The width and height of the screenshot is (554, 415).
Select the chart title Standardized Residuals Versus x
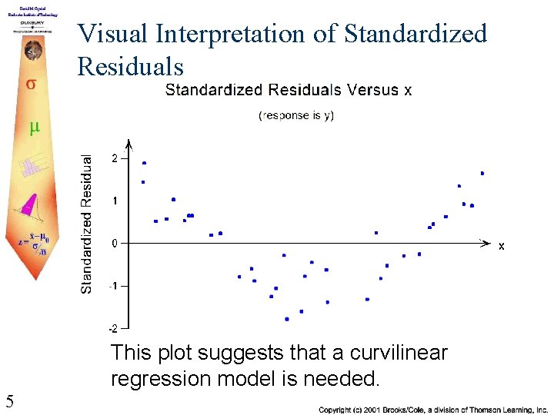tap(289, 91)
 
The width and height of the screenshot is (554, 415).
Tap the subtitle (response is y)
tap(296, 115)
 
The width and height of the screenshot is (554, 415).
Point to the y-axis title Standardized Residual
tap(87, 223)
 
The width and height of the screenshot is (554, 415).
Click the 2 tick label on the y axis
tap(115, 158)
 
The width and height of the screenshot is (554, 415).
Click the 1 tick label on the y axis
tap(115, 201)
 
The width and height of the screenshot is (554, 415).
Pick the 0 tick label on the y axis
tap(115, 244)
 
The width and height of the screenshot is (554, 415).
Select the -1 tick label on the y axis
tap(113, 286)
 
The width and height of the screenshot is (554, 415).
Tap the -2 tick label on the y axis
tap(113, 329)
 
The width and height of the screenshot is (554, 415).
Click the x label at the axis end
tap(501, 246)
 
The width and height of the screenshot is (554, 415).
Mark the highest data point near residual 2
tap(144, 163)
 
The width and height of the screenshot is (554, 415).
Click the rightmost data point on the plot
tap(482, 174)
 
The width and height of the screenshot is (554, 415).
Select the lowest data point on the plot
tap(287, 319)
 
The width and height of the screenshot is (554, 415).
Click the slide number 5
tap(9, 400)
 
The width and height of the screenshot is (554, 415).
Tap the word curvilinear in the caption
tap(399, 354)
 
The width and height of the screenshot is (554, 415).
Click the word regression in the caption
tap(160, 379)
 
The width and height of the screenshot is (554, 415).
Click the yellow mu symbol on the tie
tap(34, 128)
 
